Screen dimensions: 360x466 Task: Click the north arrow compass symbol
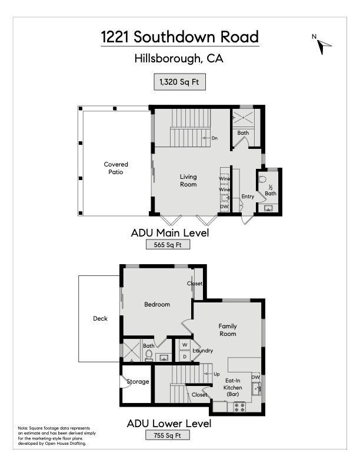pos(324,46)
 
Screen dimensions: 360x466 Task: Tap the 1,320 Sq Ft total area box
pos(179,82)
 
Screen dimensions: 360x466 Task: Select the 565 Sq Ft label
pos(168,245)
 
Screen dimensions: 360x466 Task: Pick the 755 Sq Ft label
pos(167,435)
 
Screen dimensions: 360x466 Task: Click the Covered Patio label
pos(116,168)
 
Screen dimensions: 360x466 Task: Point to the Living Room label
pos(188,181)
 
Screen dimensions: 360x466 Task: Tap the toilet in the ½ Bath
pos(262,179)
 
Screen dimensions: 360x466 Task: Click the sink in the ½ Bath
pos(268,208)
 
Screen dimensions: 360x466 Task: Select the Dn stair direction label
pos(215,138)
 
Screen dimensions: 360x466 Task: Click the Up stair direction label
pos(216,374)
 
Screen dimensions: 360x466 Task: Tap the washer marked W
pos(185,345)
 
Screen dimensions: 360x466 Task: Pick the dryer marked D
pos(185,357)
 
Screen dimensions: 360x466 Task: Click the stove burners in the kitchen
pos(239,407)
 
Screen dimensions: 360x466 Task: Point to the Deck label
pos(100,318)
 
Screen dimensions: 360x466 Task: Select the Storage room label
pos(138,382)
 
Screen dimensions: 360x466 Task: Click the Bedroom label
pos(157,304)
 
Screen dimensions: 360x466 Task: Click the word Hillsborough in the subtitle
pos(168,59)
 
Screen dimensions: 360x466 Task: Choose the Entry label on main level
pos(248,197)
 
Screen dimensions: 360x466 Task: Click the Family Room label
pos(228,330)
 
